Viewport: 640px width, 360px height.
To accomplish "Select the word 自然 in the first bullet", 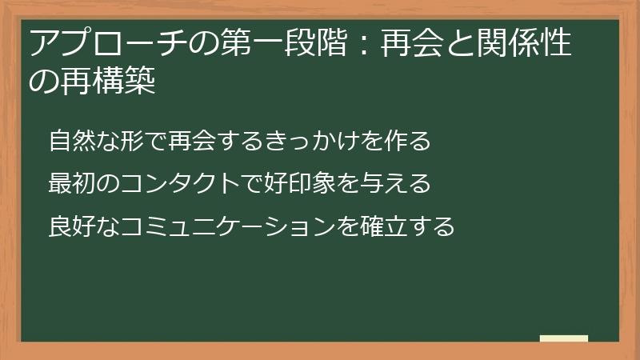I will point(70,141).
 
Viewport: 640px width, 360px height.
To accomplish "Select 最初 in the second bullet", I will point(70,184).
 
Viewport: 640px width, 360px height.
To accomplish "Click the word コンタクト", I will point(174,184).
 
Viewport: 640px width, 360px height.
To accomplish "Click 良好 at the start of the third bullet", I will point(70,226).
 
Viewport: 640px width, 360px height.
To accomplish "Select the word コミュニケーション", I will point(224,226).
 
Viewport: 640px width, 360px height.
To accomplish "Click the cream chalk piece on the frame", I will point(563,338).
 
